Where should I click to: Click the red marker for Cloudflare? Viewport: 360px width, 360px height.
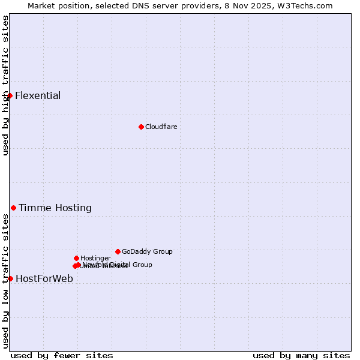[x=141, y=127]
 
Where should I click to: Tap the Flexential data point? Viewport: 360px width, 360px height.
[x=10, y=95]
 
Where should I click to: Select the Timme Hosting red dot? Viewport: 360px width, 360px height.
[x=13, y=208]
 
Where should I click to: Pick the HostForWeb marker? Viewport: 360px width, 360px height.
[x=10, y=278]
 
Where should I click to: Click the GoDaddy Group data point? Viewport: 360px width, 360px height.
[x=118, y=251]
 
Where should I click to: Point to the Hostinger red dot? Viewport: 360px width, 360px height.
[x=76, y=258]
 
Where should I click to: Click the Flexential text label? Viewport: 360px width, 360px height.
[x=38, y=96]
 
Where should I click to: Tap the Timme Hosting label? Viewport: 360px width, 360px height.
[x=55, y=208]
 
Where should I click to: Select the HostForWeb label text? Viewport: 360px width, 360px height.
[x=44, y=278]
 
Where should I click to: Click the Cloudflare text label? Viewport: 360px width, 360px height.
[x=161, y=127]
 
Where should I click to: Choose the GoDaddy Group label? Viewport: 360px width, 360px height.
[x=147, y=252]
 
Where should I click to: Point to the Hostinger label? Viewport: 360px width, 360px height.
[x=95, y=258]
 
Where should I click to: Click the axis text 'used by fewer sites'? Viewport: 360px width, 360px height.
[x=62, y=355]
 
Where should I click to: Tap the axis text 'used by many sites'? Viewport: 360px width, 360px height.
[x=301, y=355]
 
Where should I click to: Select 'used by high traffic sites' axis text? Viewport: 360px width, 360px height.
[x=5, y=85]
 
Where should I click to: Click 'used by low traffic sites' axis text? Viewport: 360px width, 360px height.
[x=5, y=281]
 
